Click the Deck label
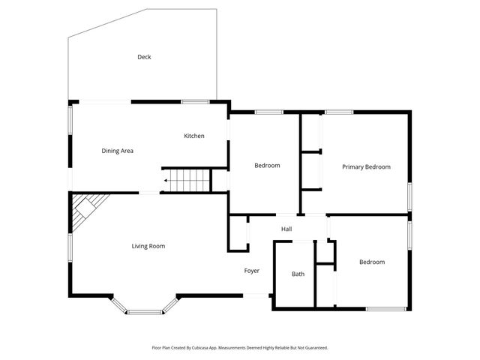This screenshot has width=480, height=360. click(x=144, y=57)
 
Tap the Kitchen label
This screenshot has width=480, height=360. click(x=194, y=136)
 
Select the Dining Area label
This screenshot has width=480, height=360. click(x=118, y=151)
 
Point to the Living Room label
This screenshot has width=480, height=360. click(x=148, y=246)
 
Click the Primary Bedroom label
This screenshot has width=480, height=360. click(x=366, y=166)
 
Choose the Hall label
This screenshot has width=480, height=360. click(x=286, y=229)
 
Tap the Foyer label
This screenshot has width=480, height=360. click(x=252, y=271)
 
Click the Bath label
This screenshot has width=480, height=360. click(x=298, y=274)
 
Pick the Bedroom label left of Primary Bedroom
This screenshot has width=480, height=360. click(x=267, y=165)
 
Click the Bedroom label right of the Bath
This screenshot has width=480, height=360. click(x=371, y=262)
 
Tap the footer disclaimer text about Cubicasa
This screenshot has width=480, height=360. click(x=240, y=348)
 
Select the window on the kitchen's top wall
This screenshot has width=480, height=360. click(x=194, y=102)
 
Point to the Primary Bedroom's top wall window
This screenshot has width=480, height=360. click(x=339, y=112)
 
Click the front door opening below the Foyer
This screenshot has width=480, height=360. click(x=256, y=295)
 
